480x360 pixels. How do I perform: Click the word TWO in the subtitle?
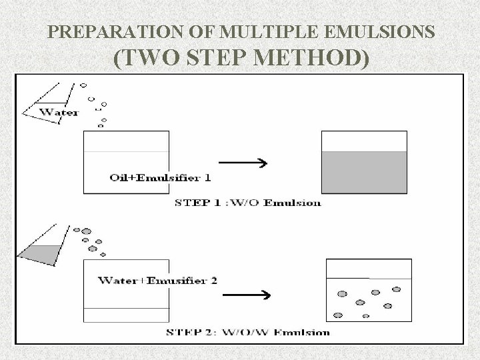147,59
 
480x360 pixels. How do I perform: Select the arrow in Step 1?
244,163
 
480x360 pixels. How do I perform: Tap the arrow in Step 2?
245,295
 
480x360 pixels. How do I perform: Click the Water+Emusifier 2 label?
157,280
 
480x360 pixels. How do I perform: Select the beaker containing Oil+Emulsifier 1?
126,162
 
